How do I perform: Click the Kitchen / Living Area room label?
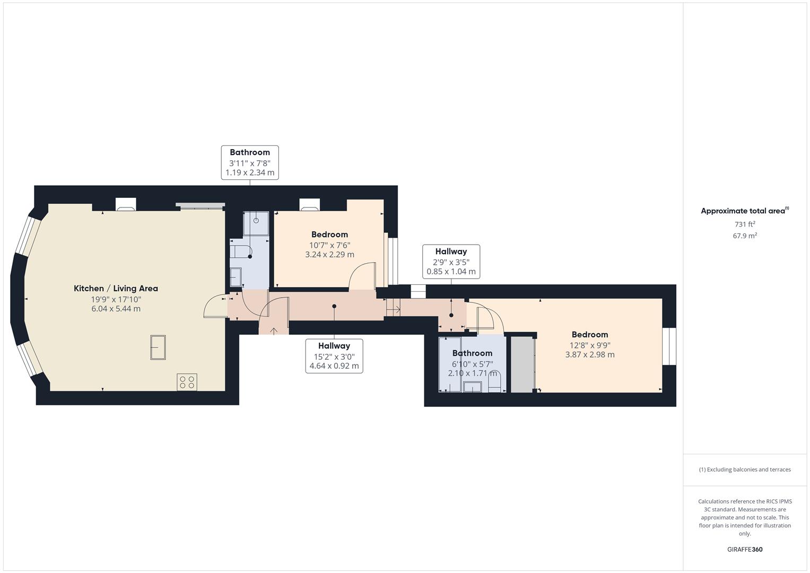(116, 288)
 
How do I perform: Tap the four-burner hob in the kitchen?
(187, 382)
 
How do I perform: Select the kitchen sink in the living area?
(158, 348)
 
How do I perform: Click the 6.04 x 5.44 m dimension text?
(116, 309)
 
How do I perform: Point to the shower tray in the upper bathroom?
(256, 223)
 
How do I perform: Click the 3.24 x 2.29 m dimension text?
(330, 254)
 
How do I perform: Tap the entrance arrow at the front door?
(274, 331)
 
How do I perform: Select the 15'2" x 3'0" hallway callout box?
(334, 356)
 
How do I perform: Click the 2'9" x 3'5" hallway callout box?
(451, 262)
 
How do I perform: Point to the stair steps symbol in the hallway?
(393, 307)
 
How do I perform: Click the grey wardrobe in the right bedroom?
(522, 364)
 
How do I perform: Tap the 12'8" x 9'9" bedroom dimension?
(590, 345)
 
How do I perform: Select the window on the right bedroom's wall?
(669, 346)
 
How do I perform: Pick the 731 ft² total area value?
(745, 224)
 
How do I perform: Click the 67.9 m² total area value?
(745, 236)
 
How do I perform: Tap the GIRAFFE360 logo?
(745, 549)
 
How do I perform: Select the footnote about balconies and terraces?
(745, 470)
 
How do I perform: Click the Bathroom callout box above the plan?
(250, 162)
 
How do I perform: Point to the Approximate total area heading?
(745, 211)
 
